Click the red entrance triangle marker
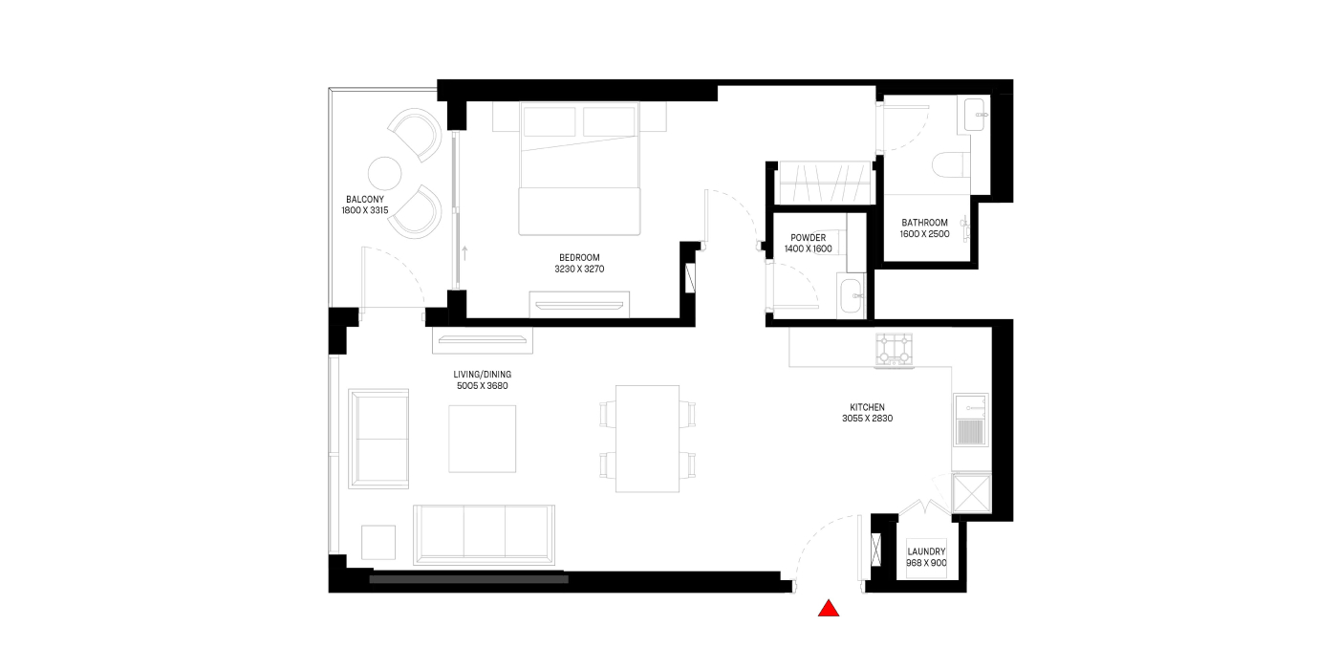tap(829, 608)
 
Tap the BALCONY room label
tap(365, 200)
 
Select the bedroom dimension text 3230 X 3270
tap(579, 270)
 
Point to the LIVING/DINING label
tap(482, 375)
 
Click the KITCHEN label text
tap(868, 407)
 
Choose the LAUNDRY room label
tap(926, 552)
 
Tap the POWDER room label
tap(809, 238)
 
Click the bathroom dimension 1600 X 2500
tap(925, 234)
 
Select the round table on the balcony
tap(384, 174)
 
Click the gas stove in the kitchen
tap(895, 350)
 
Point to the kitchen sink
tap(971, 420)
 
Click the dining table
tap(648, 439)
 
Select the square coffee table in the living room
tap(482, 439)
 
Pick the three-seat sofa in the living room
tap(484, 535)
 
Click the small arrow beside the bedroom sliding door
tap(464, 252)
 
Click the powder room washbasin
tap(852, 296)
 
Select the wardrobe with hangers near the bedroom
tap(824, 183)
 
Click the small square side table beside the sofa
tap(378, 543)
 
